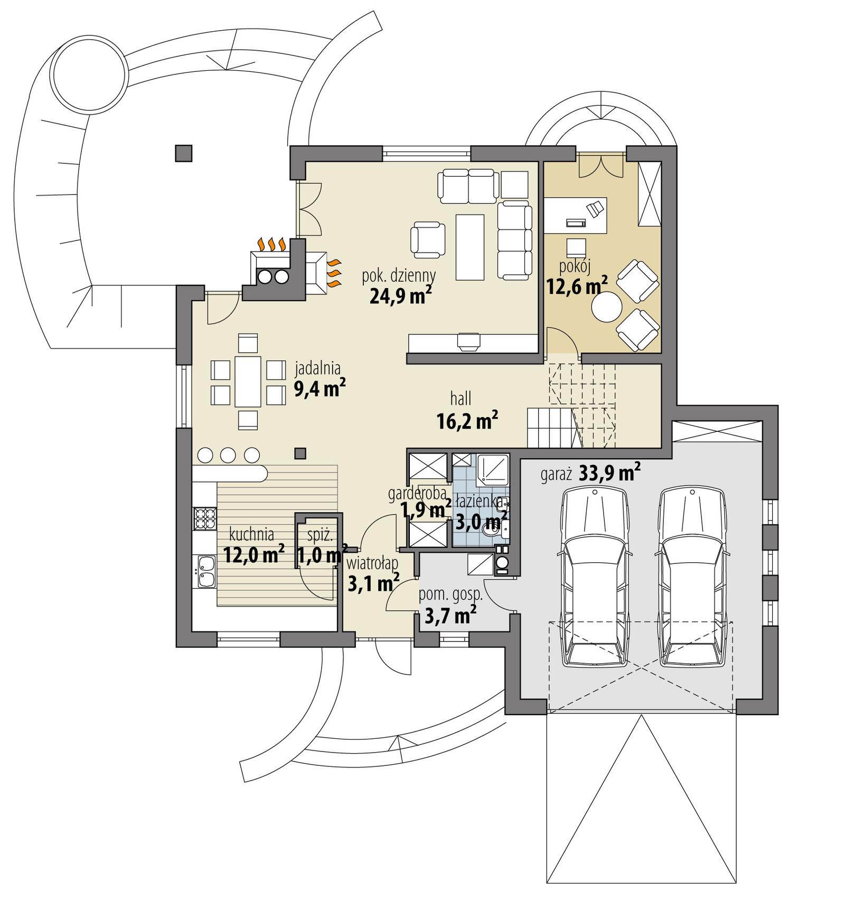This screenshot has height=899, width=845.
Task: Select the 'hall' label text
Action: (x=461, y=398)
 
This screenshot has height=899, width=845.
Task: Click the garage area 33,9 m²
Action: (x=610, y=472)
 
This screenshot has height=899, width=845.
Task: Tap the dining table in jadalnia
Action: (x=248, y=381)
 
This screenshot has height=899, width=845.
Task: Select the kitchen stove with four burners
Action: (x=205, y=518)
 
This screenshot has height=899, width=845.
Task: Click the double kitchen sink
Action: (x=205, y=572)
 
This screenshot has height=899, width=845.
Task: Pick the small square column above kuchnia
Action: (x=300, y=453)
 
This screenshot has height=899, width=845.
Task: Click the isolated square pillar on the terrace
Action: (x=183, y=153)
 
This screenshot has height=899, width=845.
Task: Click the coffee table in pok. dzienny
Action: (x=470, y=246)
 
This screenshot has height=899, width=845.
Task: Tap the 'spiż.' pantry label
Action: (x=320, y=535)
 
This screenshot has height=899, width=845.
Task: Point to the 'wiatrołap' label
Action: (x=372, y=563)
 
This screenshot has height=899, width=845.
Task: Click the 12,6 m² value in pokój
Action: (x=576, y=285)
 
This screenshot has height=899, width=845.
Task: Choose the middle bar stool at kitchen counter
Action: (x=228, y=454)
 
